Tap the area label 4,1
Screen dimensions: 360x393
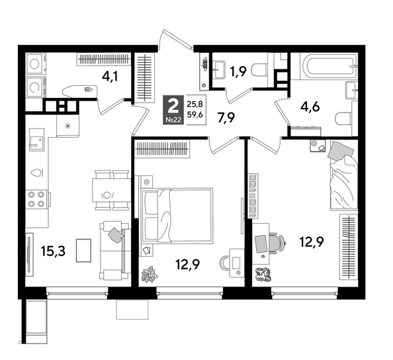[110, 76]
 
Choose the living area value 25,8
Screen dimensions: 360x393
[195, 103]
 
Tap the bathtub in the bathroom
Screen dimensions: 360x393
[328, 67]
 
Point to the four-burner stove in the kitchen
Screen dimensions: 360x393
[38, 199]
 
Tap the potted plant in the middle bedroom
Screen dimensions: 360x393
[150, 272]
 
